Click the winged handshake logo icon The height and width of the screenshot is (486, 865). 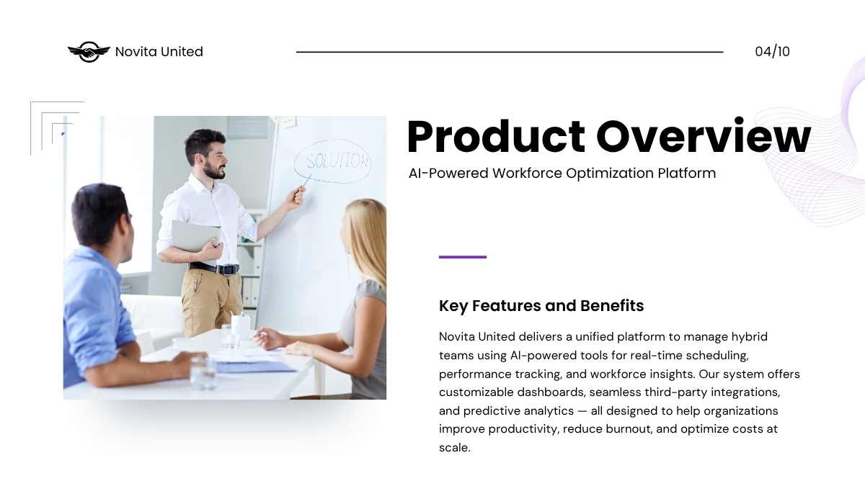tap(89, 52)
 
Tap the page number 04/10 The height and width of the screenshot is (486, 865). tap(772, 52)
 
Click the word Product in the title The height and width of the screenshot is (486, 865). tap(496, 137)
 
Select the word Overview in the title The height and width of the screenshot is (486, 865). tap(704, 136)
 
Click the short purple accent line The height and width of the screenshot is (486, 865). tap(463, 257)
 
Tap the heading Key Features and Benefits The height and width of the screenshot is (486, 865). tap(541, 305)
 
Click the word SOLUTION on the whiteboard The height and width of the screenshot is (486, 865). tap(337, 161)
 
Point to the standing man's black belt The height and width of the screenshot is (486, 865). tap(214, 268)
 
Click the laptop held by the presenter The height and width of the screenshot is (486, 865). tap(195, 235)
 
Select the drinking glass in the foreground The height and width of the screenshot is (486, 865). tap(203, 372)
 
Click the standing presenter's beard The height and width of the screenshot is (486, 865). tap(215, 171)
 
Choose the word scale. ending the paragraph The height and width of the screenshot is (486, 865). tap(455, 448)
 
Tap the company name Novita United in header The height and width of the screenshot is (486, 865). tap(159, 52)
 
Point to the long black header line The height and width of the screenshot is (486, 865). tap(510, 52)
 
